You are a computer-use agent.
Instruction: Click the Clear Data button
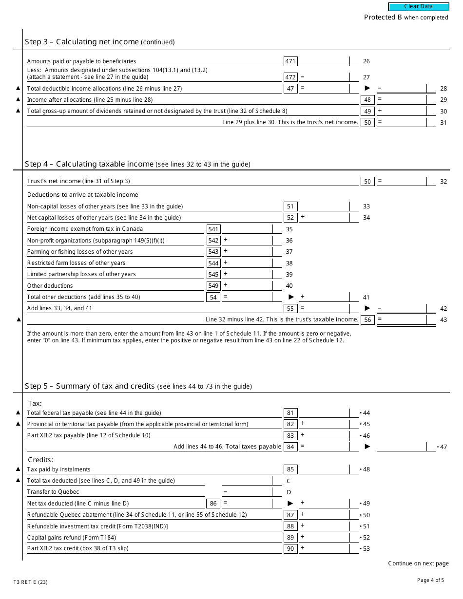coord(418,7)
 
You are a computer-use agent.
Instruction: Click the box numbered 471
coord(290,61)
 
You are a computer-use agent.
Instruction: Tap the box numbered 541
coord(213,229)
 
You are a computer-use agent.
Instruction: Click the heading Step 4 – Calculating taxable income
coord(89,164)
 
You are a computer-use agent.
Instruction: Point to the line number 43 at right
coord(443,320)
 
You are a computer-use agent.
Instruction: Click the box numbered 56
coord(367,319)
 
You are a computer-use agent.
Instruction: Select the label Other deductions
coord(50,286)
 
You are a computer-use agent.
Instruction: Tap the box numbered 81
coord(290,413)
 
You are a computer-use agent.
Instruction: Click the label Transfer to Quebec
coord(53,492)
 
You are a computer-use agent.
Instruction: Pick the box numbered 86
coord(213,504)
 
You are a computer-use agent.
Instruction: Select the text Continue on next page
coord(418,563)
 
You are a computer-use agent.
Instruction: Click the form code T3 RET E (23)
coord(31,582)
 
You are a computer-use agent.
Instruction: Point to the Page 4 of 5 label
coord(430,580)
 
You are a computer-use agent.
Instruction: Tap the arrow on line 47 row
coord(367,447)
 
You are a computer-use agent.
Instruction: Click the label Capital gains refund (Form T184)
coord(71,538)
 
